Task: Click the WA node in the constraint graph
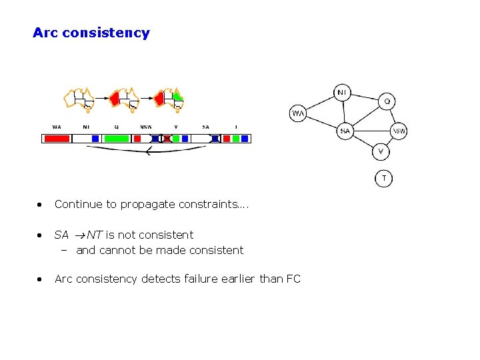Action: (x=298, y=113)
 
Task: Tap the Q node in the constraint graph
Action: (x=387, y=102)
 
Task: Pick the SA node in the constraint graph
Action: (x=345, y=131)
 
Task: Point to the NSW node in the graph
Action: (x=399, y=131)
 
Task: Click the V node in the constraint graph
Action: (x=380, y=151)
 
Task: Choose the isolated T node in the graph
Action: (x=383, y=178)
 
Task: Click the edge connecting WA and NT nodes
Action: (x=320, y=103)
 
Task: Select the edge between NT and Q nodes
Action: (x=365, y=97)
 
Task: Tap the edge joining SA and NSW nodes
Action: (x=371, y=131)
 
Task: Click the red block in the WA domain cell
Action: (x=57, y=139)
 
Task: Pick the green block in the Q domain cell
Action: (x=117, y=139)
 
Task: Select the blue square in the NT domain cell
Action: (x=95, y=139)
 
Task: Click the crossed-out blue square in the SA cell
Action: (x=215, y=139)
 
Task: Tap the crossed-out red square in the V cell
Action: (x=167, y=139)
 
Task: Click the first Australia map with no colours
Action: (x=78, y=98)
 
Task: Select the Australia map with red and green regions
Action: (x=169, y=98)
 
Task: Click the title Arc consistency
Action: (x=91, y=33)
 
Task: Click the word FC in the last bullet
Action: (x=293, y=279)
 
